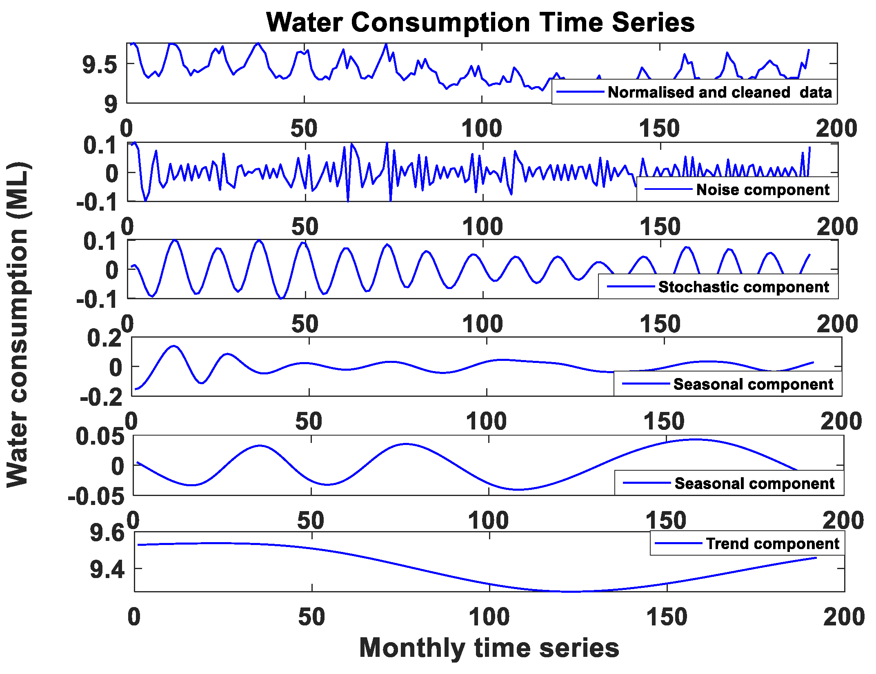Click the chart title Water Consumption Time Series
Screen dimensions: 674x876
[480, 22]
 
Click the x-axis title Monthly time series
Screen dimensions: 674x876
[489, 648]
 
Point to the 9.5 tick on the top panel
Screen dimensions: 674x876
[100, 65]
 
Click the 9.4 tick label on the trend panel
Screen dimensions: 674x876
[107, 569]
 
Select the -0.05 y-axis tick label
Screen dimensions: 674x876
[96, 496]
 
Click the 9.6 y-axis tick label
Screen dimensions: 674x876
[107, 533]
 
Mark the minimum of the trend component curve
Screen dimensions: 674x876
[567, 591]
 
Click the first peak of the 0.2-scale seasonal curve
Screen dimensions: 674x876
[174, 346]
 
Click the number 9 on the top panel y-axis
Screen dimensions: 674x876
[111, 104]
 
